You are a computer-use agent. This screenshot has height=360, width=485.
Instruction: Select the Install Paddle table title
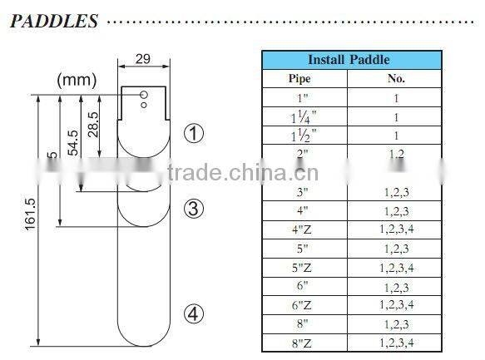coord(349,60)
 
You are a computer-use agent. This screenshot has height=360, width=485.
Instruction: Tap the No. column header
coord(396,79)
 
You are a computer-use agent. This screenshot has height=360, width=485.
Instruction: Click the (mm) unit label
coord(77,80)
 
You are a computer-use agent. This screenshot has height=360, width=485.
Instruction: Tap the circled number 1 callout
coord(193,134)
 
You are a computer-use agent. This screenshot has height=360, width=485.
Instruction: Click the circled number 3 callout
coord(193,209)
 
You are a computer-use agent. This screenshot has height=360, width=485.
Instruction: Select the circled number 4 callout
coord(193,313)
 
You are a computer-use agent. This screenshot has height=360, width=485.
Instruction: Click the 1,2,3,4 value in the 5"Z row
coord(396,267)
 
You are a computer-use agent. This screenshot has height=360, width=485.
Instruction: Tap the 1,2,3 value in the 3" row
coord(396,192)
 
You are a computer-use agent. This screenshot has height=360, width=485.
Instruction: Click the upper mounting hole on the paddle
coord(144,94)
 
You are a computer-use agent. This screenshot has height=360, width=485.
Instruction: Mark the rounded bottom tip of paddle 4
coord(142,344)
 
